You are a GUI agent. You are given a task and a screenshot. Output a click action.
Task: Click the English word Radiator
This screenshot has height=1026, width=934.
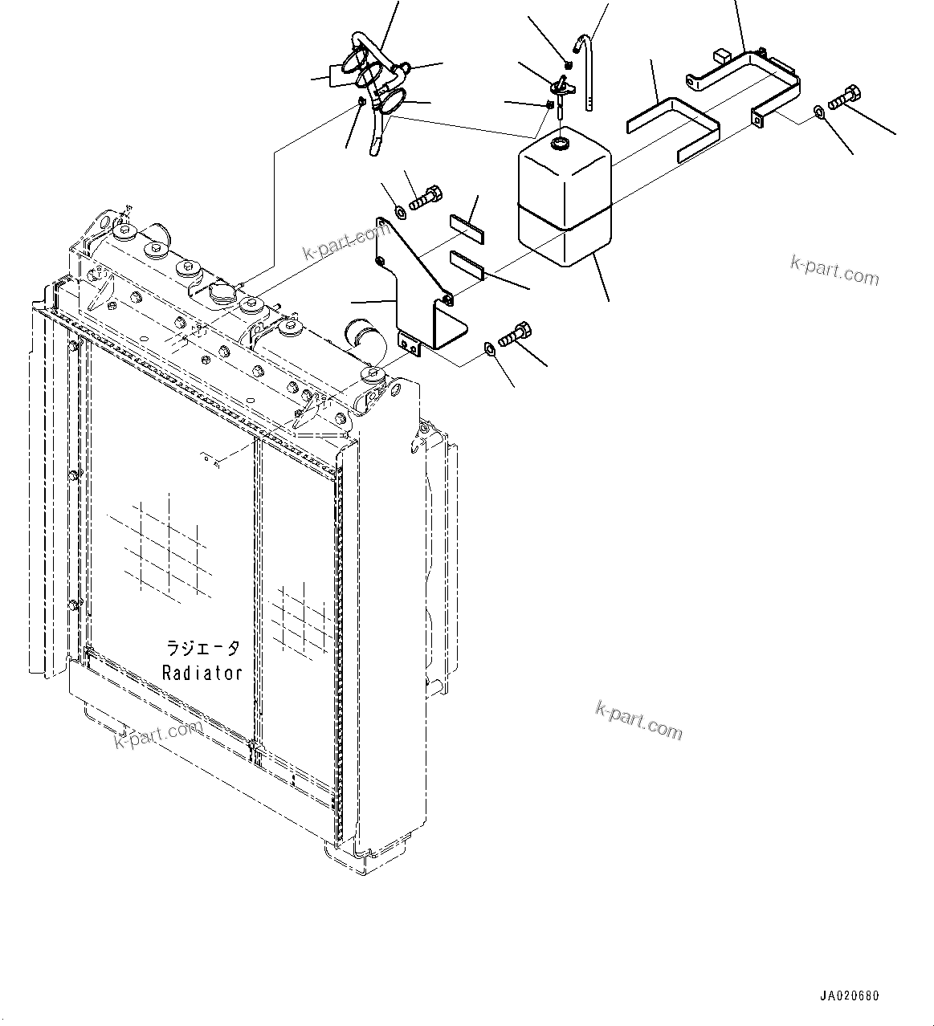(x=202, y=673)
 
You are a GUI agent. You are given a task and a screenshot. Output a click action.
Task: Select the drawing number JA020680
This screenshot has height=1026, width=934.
(x=850, y=995)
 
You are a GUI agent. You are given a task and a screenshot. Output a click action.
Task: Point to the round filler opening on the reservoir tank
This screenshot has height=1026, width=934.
(x=560, y=145)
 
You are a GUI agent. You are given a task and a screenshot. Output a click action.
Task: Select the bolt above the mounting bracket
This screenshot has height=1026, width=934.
(x=425, y=197)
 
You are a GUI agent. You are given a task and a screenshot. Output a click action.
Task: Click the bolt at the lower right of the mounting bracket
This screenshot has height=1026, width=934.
(x=515, y=333)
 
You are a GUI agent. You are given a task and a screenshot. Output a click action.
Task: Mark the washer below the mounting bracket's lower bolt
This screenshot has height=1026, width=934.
(x=489, y=349)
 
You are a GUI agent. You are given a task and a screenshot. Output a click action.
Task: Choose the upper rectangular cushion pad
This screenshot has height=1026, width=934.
(x=467, y=228)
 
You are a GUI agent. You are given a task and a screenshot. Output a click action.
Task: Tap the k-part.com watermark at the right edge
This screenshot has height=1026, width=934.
(x=834, y=271)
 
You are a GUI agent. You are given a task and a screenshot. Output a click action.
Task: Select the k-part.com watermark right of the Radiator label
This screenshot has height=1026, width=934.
(x=638, y=719)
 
